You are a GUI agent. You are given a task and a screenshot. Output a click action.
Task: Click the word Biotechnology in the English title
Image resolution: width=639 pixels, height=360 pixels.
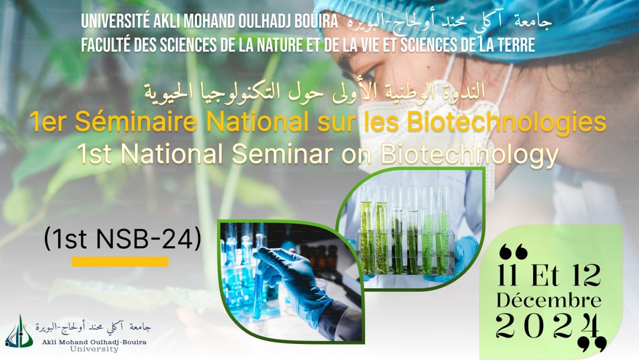[469, 155]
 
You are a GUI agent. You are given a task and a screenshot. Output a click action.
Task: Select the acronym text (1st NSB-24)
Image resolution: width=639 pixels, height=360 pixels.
[122, 239]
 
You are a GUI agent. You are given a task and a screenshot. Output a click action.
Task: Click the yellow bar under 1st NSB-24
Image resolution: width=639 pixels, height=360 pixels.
[120, 261]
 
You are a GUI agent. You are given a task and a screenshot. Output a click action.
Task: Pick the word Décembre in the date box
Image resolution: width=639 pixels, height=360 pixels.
[548, 301]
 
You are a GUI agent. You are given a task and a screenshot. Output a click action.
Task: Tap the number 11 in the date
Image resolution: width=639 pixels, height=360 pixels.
[508, 275]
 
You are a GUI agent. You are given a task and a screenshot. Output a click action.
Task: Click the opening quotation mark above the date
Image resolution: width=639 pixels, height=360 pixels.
[514, 252]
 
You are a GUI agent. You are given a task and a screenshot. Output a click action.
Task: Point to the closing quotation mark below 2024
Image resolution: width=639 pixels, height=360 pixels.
[592, 344]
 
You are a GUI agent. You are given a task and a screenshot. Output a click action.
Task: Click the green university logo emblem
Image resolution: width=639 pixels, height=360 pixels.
[19, 332]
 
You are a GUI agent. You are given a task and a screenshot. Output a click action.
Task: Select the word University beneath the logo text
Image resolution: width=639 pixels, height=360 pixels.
[94, 349]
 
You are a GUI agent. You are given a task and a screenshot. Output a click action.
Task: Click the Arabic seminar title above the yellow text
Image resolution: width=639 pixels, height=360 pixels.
[315, 92]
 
